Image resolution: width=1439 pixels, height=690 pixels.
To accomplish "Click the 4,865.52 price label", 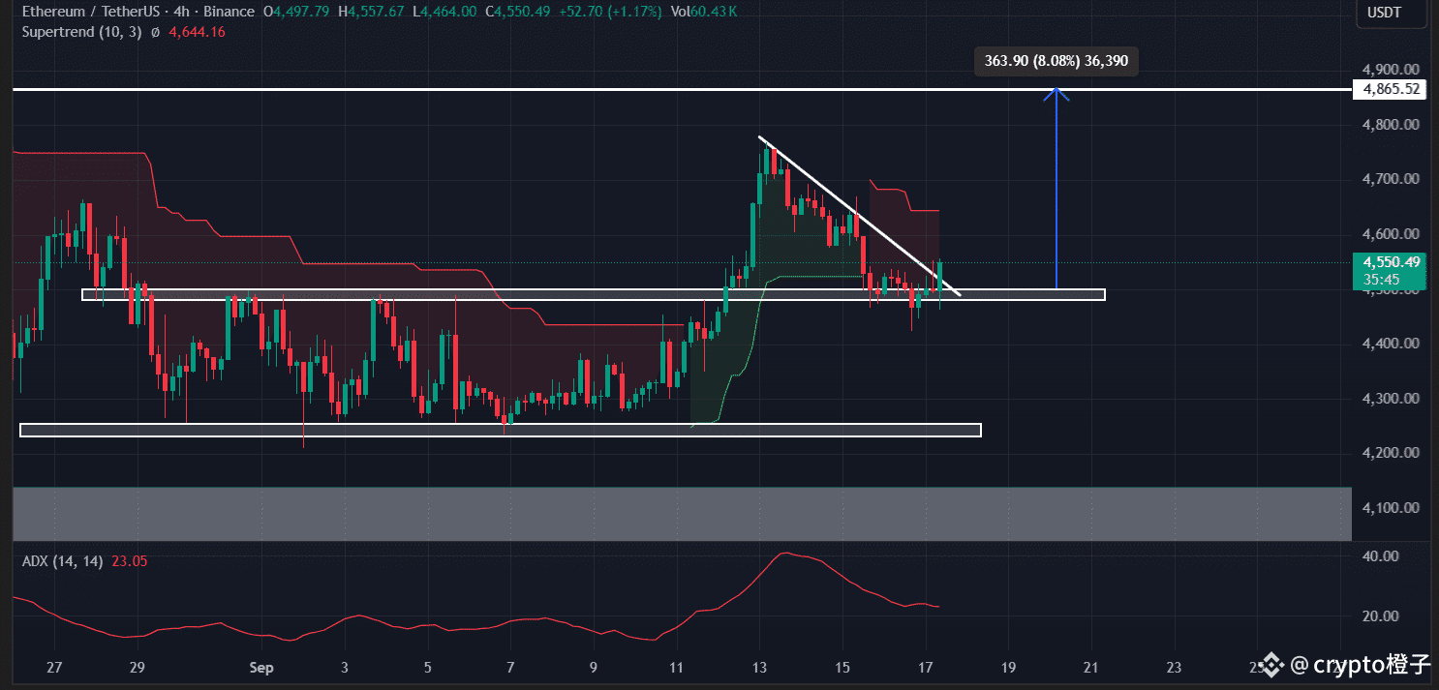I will click(1391, 89).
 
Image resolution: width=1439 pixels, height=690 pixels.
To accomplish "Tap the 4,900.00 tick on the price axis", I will click(1391, 70).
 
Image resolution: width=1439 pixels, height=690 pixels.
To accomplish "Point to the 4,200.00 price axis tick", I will click(1391, 453).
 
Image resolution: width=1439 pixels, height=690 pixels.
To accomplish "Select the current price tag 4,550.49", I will click(1391, 262).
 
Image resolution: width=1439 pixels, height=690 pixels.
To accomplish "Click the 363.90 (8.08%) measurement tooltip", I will click(1056, 61).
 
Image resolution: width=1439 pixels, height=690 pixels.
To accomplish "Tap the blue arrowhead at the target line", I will click(1056, 93).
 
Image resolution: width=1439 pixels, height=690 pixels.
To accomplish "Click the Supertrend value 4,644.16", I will click(197, 32).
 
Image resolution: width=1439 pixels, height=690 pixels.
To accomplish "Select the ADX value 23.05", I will click(129, 561).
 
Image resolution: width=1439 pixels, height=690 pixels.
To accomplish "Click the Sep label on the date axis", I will click(261, 667).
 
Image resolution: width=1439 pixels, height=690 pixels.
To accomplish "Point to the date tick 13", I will click(760, 667).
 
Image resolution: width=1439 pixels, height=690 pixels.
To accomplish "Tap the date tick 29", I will click(137, 667).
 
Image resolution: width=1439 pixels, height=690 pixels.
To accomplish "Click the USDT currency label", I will click(1384, 13).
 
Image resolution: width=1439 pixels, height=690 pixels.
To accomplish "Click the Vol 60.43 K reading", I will click(703, 12).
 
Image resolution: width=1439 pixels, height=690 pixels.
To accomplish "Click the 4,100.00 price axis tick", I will click(1391, 508).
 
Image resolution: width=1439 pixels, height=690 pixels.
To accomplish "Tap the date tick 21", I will click(1091, 667).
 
